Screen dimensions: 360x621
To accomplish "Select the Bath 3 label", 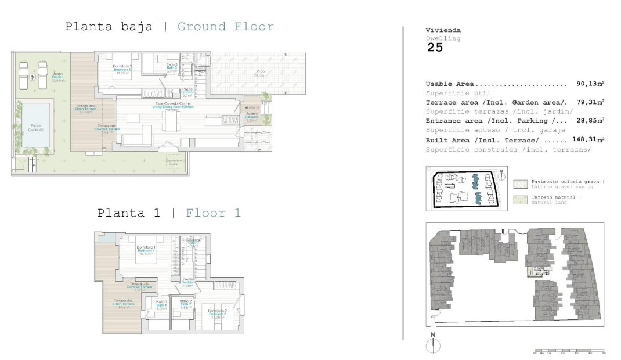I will click(171, 68).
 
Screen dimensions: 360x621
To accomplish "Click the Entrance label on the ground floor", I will click(252, 117).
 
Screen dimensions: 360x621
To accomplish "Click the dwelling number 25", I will click(435, 48).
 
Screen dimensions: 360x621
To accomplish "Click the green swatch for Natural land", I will click(520, 200).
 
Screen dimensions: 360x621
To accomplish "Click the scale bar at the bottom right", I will click(569, 351).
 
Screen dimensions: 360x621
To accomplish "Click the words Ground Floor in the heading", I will click(225, 27).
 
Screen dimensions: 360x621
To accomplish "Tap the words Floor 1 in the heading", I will click(213, 213).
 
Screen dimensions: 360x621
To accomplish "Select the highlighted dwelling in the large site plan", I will click(537, 272).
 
